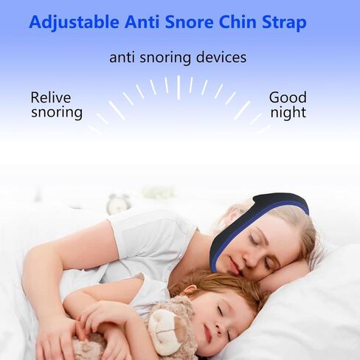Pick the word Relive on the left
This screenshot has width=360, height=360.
coord(52,97)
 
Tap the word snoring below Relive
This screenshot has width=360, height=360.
coord(56,114)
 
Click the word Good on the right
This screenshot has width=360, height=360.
coord(287,97)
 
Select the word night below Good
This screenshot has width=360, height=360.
coord(288,114)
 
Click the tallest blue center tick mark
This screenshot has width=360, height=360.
coord(179,87)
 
